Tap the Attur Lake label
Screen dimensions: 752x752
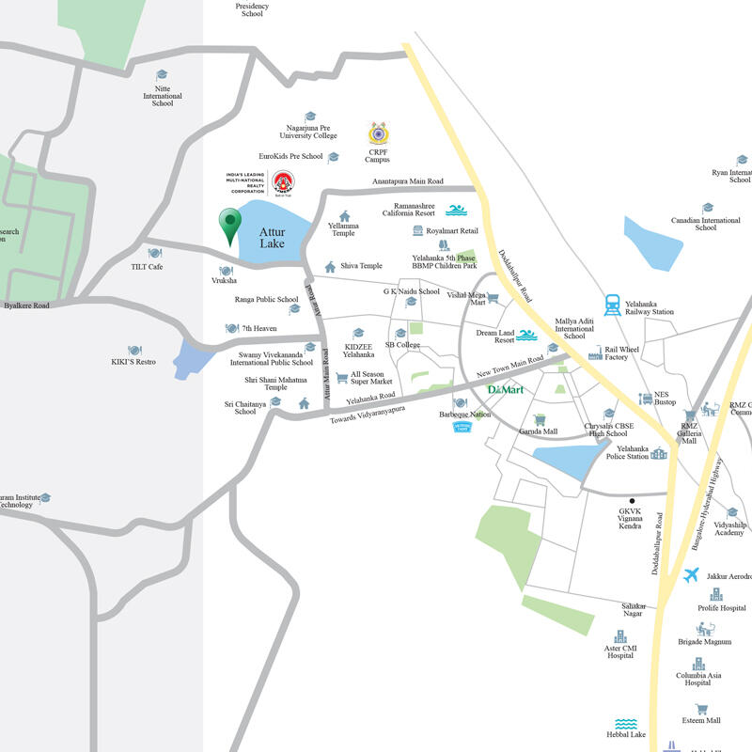pos(273,238)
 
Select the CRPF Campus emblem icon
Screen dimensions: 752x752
pos(377,132)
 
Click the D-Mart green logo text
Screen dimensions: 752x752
pos(505,389)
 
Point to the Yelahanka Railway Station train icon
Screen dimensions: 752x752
pos(613,303)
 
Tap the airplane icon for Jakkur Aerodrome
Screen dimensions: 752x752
pos(692,575)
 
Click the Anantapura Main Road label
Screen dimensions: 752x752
pos(407,181)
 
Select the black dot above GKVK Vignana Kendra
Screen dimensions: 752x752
pos(633,500)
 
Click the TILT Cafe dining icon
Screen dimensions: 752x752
pos(154,253)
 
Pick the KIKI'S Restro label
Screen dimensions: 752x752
pos(133,362)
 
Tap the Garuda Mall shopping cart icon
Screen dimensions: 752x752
pos(540,419)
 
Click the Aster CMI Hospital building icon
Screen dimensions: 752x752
pos(619,636)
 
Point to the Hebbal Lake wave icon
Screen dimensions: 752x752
pos(626,724)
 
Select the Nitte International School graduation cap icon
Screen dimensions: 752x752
pos(162,75)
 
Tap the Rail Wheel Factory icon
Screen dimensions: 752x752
pos(595,354)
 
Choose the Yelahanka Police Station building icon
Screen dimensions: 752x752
pos(658,454)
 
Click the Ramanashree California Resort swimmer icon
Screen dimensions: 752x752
pos(456,210)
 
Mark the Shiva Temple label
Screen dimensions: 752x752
pos(361,266)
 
